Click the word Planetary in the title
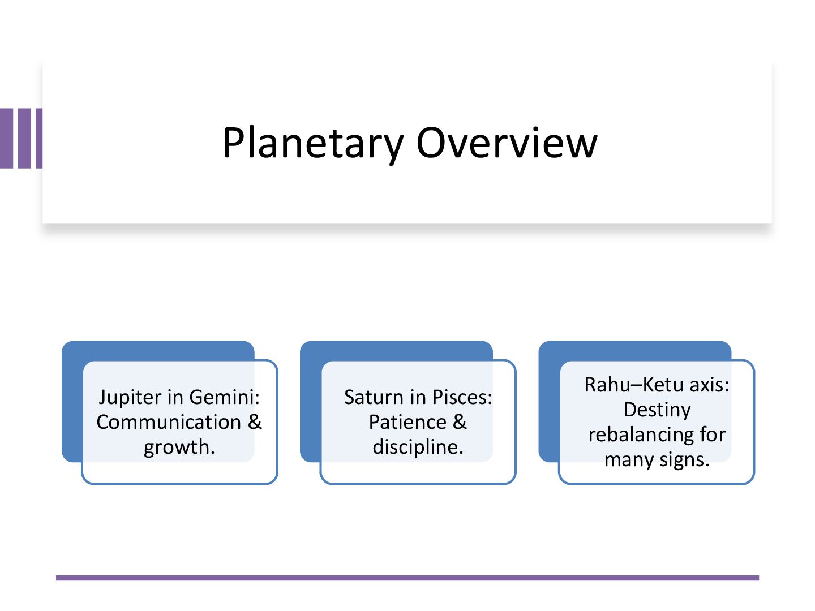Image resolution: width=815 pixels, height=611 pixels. [312, 143]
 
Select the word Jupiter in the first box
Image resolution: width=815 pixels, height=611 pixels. [130, 397]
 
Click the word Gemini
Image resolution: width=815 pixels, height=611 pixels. [224, 397]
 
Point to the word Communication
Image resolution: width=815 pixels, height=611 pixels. [169, 422]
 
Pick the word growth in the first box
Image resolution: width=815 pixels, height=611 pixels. [178, 447]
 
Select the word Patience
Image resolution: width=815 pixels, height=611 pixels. [407, 422]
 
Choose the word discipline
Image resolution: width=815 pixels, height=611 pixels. [418, 447]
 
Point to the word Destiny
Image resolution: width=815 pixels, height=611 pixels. [657, 410]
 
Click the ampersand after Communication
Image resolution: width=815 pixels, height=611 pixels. [255, 422]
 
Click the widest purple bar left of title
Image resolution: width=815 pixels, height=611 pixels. [6, 139]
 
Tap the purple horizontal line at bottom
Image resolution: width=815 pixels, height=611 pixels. [407, 578]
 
